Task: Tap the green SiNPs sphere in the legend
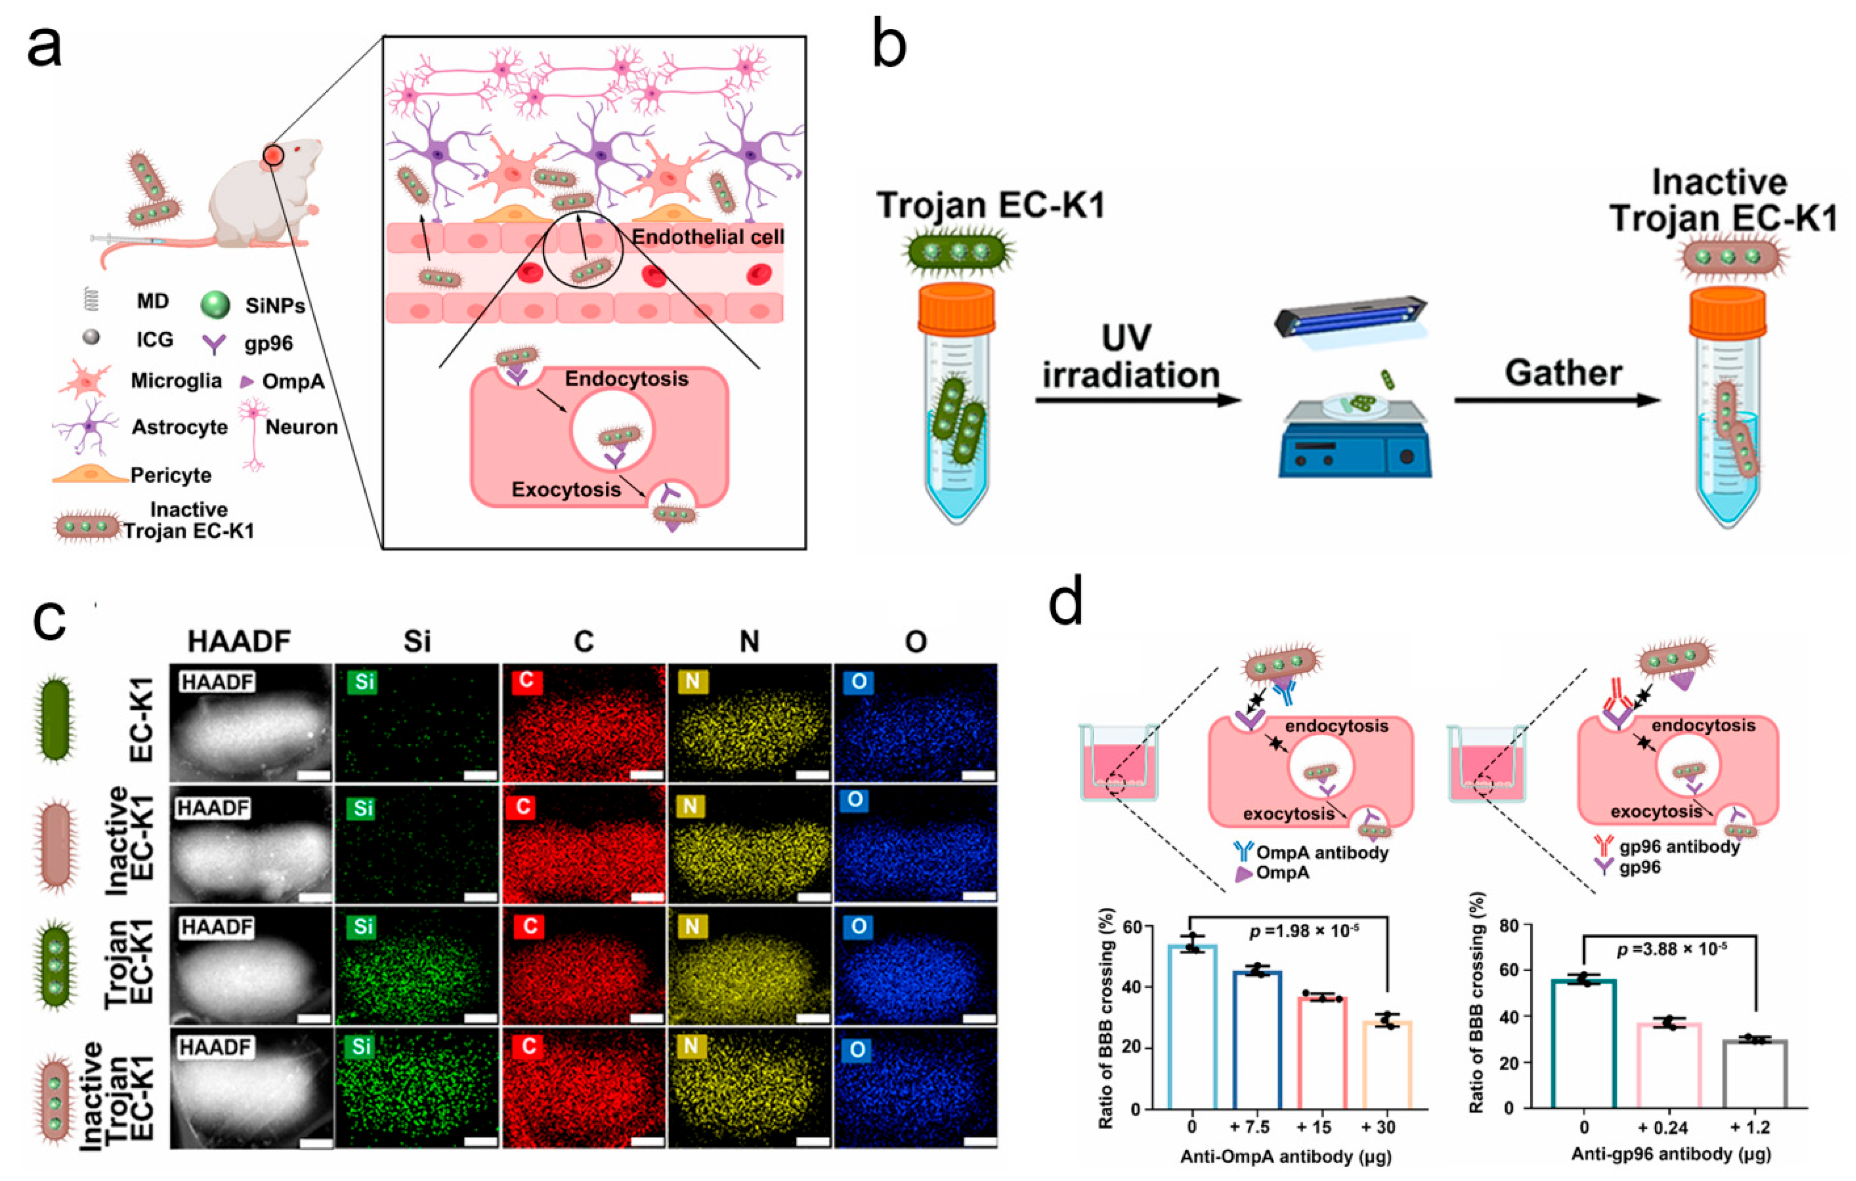coord(215,304)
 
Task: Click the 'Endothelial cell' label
coord(707,237)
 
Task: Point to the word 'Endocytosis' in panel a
coord(626,379)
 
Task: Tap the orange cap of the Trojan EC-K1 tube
coord(956,307)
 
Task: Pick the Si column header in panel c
coord(417,641)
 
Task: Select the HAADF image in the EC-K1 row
coord(251,723)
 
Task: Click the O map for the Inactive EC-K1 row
coord(915,843)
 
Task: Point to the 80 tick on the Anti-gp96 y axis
coord(1509,925)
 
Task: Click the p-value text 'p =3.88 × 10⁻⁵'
coord(1671,948)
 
